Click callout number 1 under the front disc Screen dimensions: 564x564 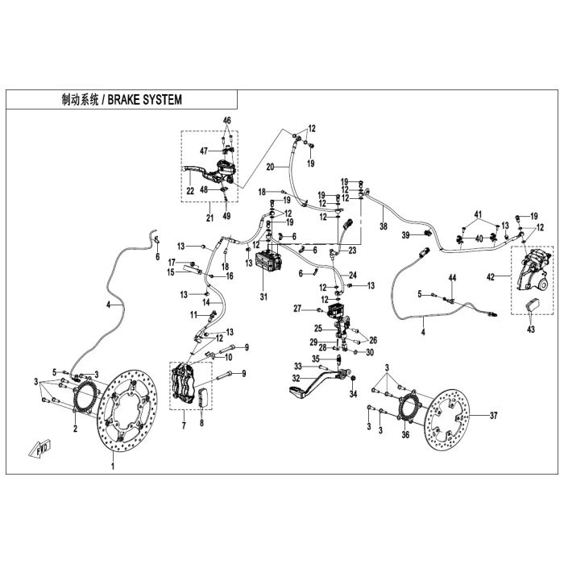coord(113,467)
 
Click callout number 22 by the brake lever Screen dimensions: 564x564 coord(190,191)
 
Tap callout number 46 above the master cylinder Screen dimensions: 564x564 coord(226,120)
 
